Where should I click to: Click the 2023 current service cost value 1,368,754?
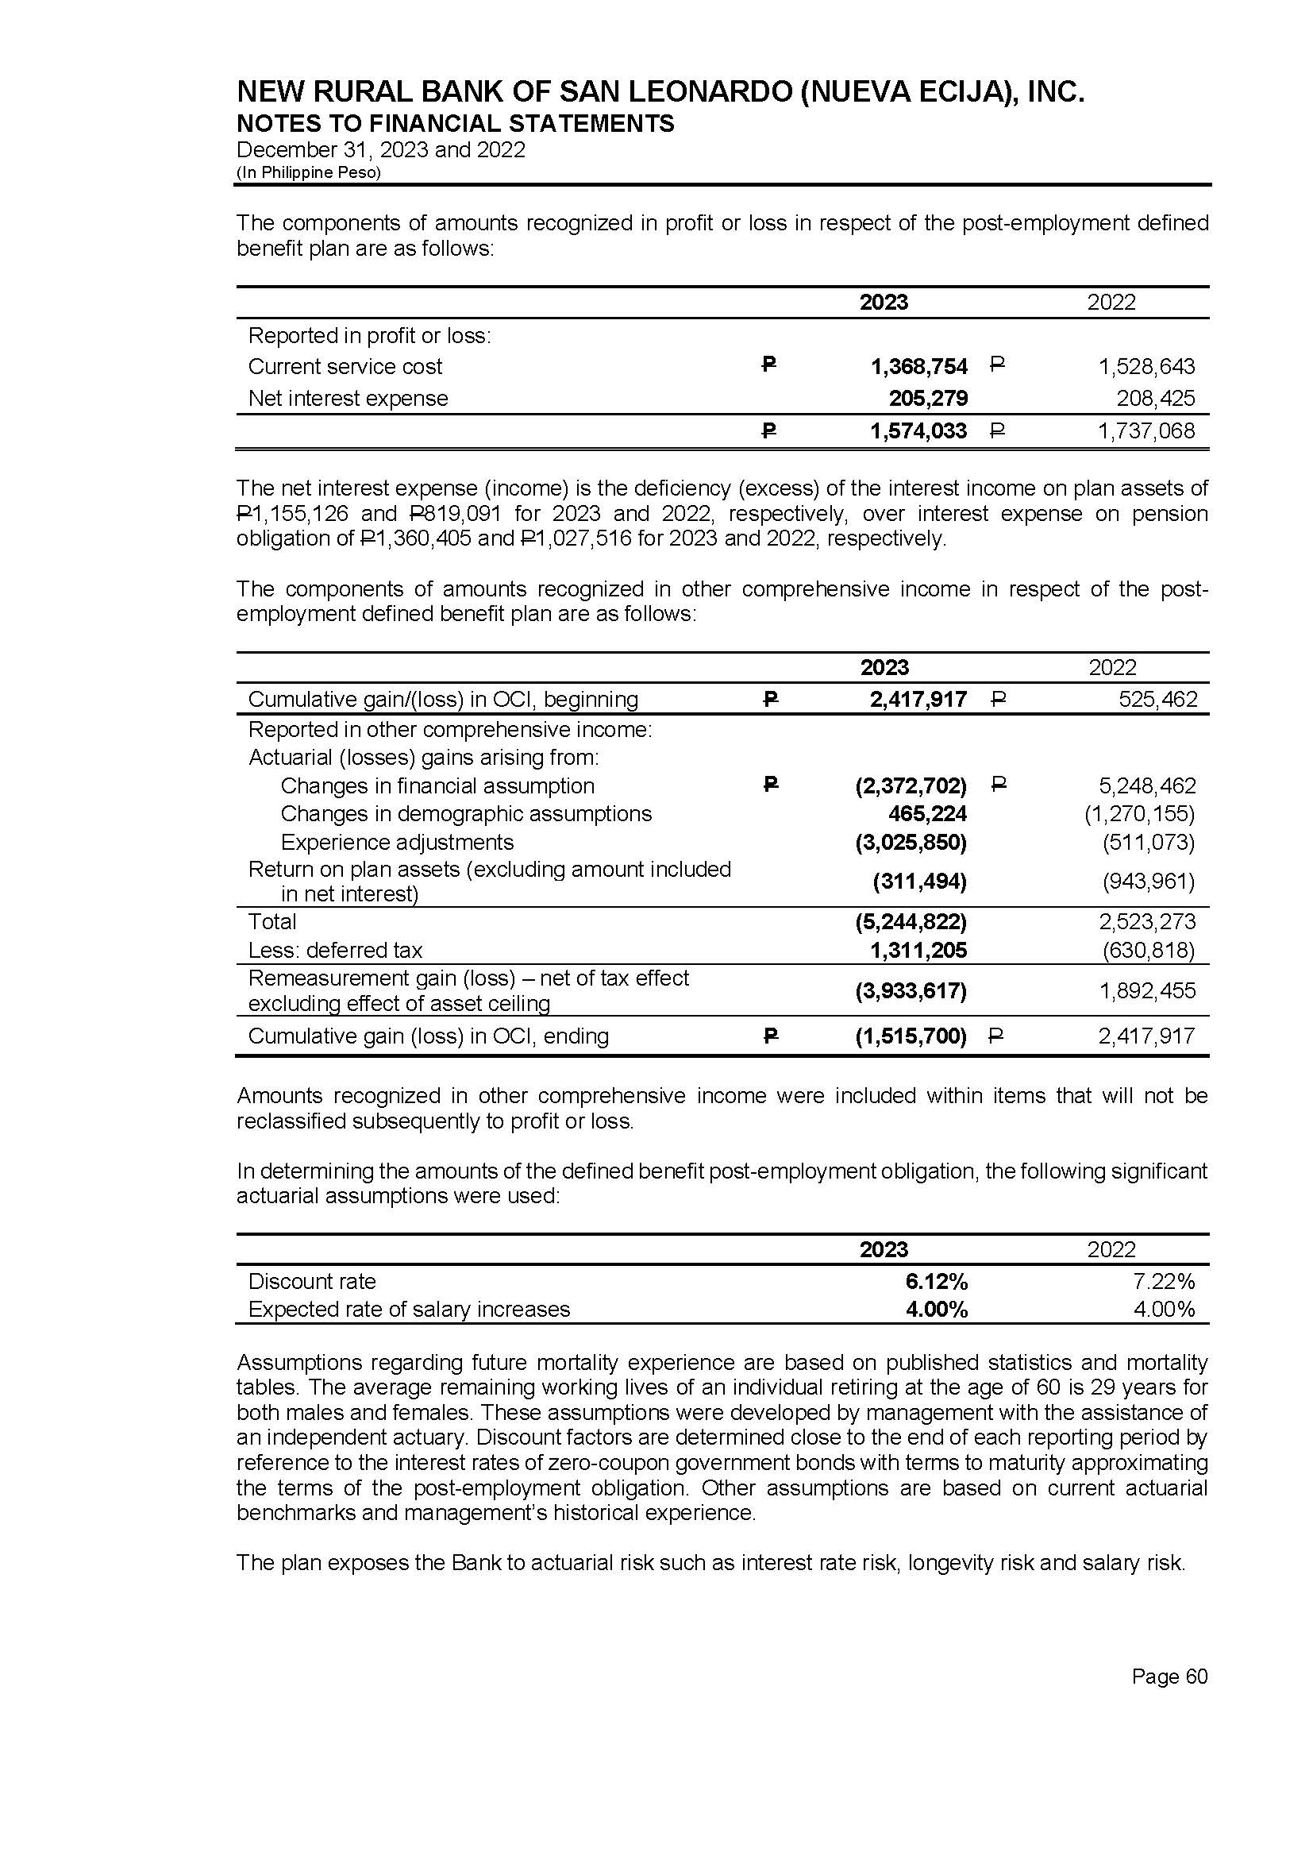tap(918, 367)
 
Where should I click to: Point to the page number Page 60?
tap(1169, 1677)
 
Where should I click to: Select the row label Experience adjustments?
tap(396, 843)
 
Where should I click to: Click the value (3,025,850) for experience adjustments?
tap(911, 843)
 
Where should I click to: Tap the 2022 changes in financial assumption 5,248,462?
tap(1148, 786)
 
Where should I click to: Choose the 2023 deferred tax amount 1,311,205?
tap(919, 951)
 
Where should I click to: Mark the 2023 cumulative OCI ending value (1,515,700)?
tap(911, 1036)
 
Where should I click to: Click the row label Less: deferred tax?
tap(335, 951)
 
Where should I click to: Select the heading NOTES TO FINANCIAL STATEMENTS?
tap(455, 124)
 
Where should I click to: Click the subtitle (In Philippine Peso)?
tap(308, 173)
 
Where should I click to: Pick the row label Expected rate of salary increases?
tap(408, 1310)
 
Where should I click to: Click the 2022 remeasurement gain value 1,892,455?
tap(1146, 991)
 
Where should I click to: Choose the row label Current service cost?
tap(345, 367)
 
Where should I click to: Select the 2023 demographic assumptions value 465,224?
tap(927, 813)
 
